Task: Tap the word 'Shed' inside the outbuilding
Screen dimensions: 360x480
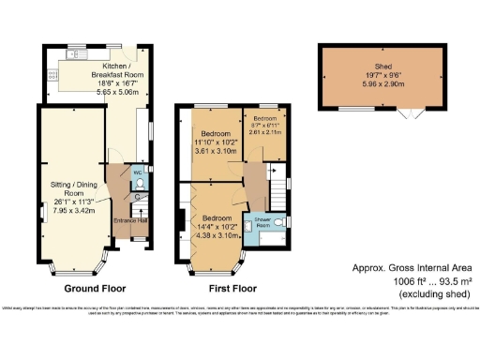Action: [x=382, y=66]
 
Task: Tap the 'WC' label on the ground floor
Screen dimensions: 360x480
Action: [x=137, y=174]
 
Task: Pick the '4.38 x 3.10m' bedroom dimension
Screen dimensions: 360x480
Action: [x=217, y=238]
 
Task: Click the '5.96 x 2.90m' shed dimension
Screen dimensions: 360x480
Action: [x=382, y=82]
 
